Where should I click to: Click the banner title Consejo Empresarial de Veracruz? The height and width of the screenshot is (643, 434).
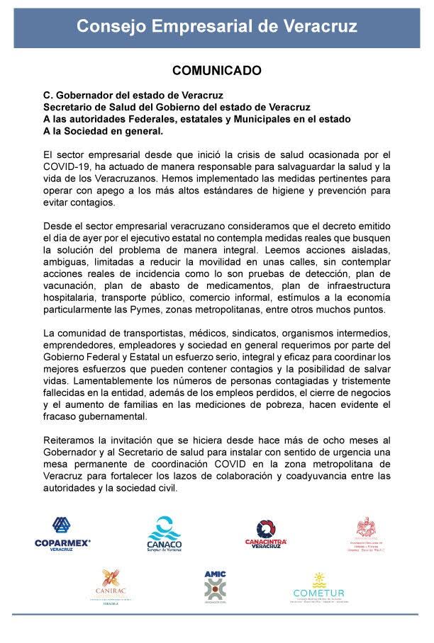tap(216, 26)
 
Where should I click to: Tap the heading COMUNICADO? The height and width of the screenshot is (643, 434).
tap(216, 71)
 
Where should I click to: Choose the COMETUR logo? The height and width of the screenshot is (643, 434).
tap(318, 586)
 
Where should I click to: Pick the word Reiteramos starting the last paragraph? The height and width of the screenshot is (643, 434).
tap(69, 440)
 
